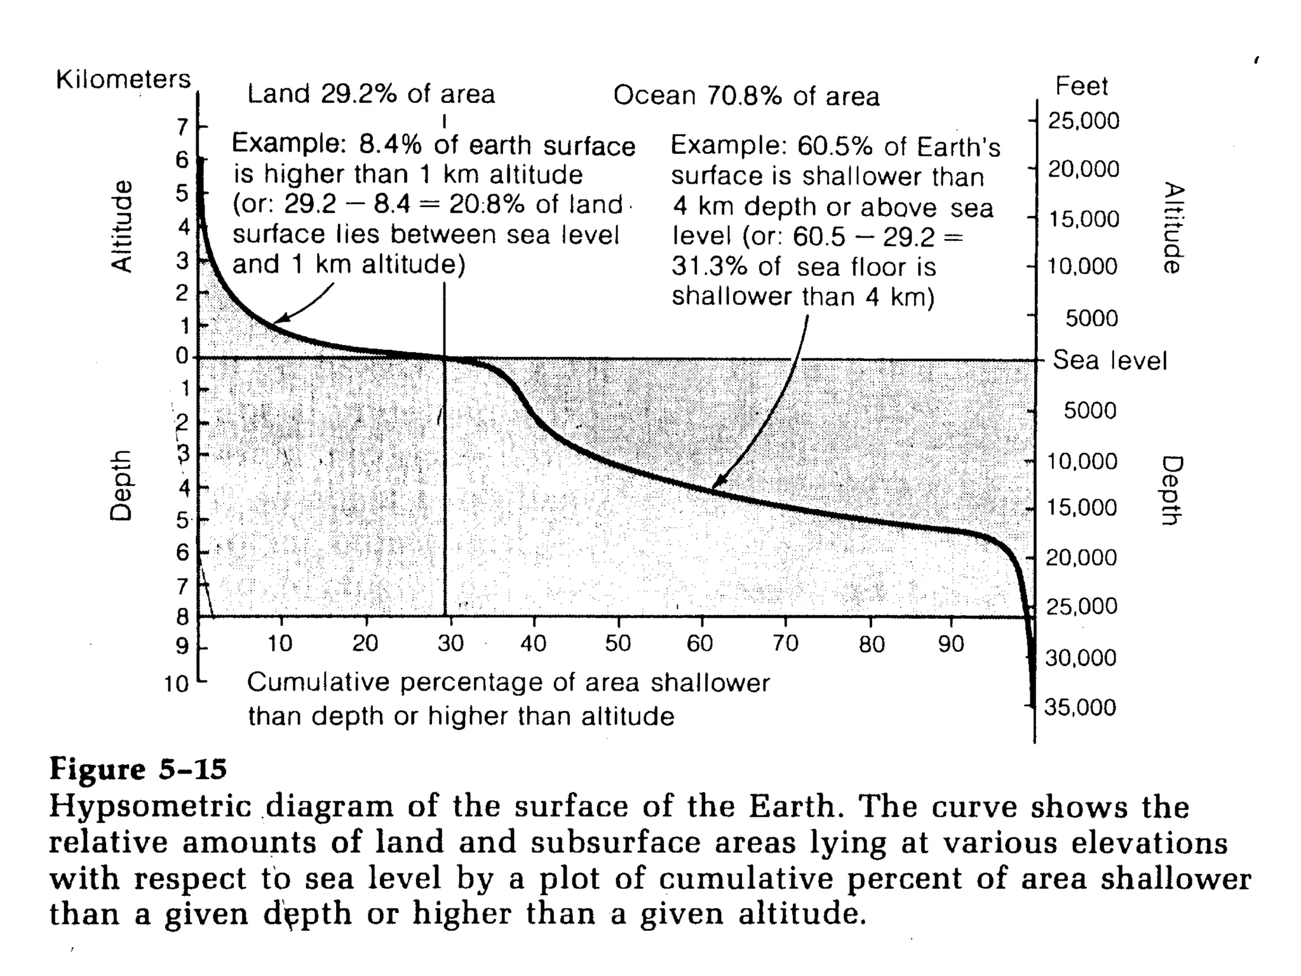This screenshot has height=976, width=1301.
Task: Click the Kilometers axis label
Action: [123, 80]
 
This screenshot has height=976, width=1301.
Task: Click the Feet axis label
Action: [1081, 86]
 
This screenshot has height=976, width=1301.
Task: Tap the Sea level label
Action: [1110, 360]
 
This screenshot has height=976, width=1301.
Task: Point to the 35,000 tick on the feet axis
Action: [1079, 707]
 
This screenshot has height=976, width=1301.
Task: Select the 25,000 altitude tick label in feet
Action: [1083, 120]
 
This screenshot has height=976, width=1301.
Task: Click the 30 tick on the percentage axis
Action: [450, 644]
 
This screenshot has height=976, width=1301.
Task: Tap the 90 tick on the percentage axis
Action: [951, 644]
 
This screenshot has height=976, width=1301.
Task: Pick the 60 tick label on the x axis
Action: [700, 644]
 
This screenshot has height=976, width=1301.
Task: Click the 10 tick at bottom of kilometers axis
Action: [177, 684]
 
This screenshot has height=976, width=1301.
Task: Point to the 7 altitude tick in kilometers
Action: [183, 127]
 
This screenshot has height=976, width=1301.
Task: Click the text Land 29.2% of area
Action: [370, 94]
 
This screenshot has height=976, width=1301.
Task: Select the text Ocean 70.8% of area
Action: [746, 96]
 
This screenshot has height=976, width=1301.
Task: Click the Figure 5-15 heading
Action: [138, 769]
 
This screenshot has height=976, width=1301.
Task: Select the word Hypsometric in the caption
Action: [150, 807]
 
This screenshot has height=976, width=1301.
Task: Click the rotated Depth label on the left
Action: [121, 485]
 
